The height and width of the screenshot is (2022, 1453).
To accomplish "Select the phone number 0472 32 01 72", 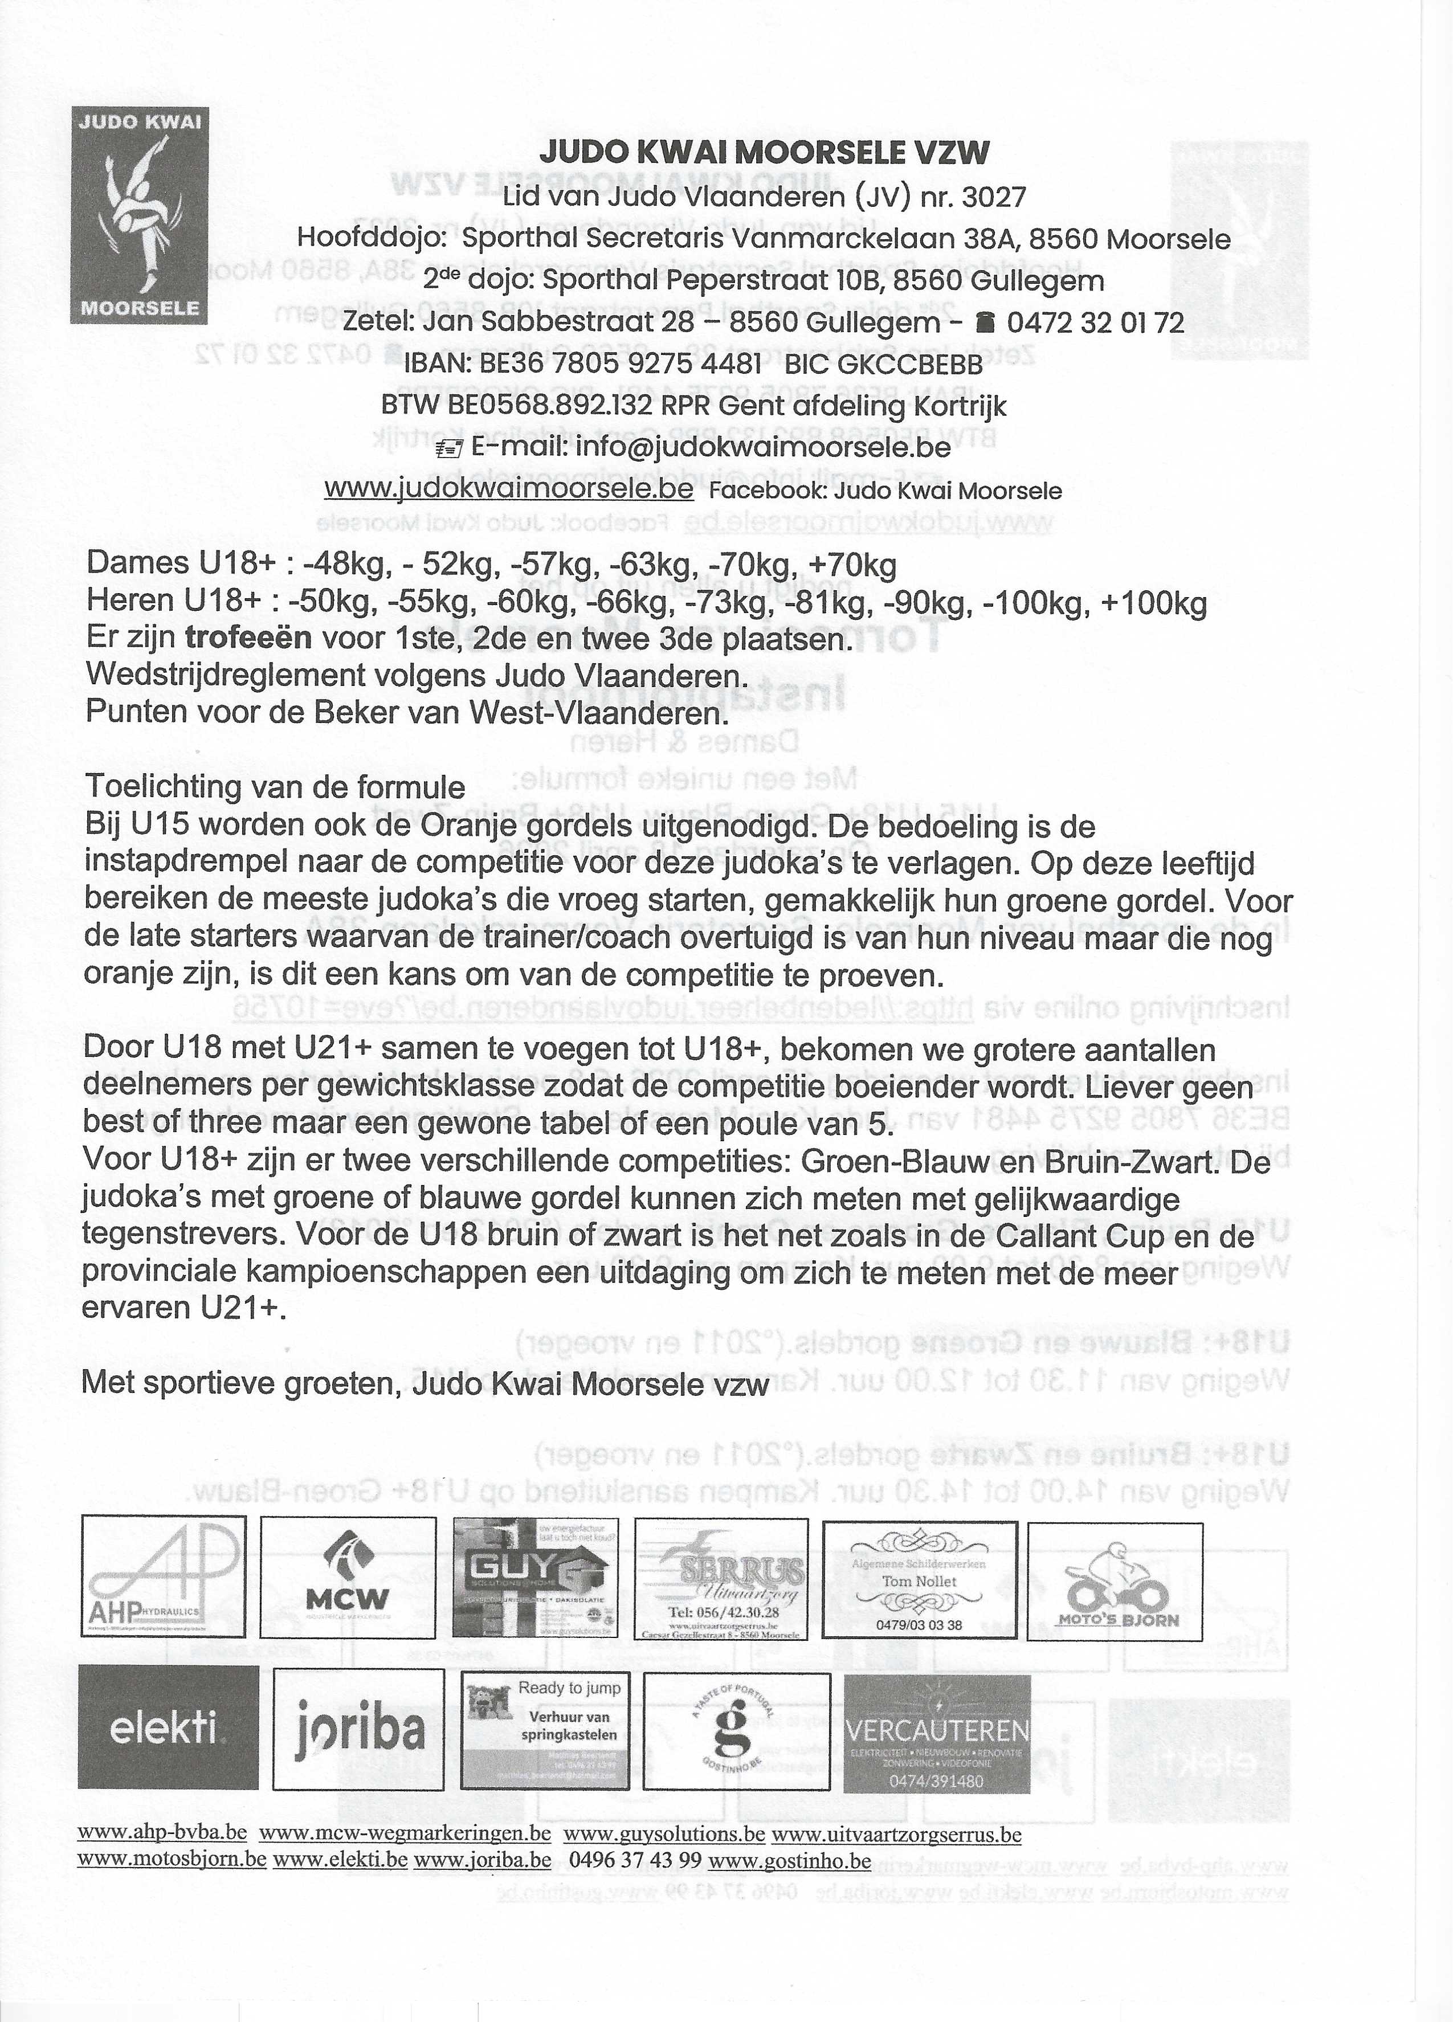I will point(1094,322).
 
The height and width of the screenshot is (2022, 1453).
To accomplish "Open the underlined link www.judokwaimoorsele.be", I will point(508,489).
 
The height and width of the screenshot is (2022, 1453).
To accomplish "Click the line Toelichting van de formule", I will point(275,787).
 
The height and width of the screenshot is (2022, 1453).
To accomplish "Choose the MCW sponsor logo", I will point(348,1578).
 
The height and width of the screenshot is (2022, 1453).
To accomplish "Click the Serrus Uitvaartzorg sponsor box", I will point(721,1579).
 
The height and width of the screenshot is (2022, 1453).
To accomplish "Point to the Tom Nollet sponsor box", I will point(919,1579).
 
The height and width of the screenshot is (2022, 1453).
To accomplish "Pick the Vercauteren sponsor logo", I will point(936,1733).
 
